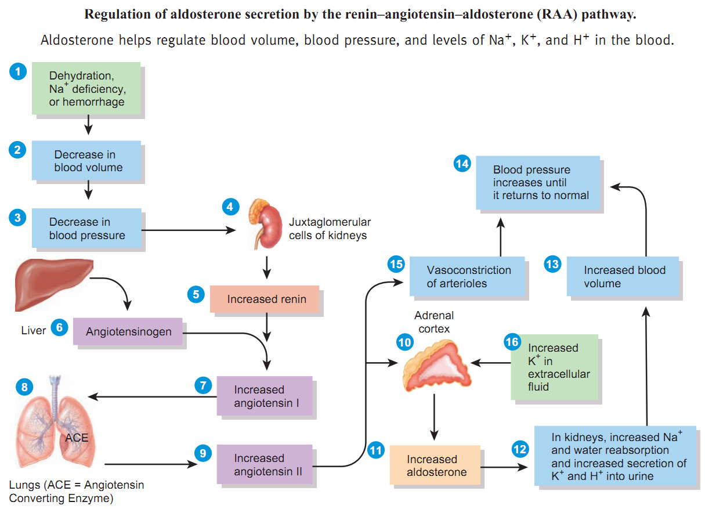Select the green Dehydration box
pyautogui.click(x=86, y=89)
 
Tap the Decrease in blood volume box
pyautogui.click(x=86, y=161)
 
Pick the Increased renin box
pyautogui.click(x=265, y=299)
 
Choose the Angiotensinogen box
pyautogui.click(x=128, y=331)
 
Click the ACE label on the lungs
pyautogui.click(x=76, y=437)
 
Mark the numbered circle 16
pyautogui.click(x=512, y=342)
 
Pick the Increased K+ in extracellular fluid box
pyautogui.click(x=554, y=367)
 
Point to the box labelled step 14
pyautogui.click(x=538, y=182)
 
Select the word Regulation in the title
pyautogui.click(x=114, y=15)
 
